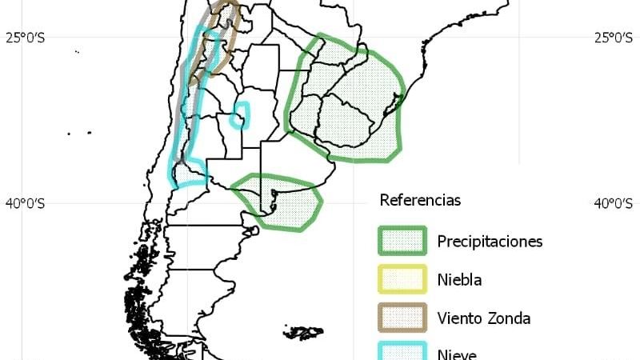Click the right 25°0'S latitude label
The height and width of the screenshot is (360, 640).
(614, 37)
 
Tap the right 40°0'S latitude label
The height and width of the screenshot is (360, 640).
(614, 203)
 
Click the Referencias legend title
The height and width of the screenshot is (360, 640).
(420, 200)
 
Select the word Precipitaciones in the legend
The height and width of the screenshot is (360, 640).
(490, 241)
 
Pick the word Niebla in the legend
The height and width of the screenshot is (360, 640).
(460, 280)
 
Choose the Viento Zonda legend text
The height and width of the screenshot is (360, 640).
(484, 318)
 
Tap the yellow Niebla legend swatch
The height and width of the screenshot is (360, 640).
(402, 279)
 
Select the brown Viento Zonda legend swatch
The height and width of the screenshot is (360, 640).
(402, 318)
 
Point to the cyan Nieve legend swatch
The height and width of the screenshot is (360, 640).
(402, 352)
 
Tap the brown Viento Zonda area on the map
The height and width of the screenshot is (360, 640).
(227, 28)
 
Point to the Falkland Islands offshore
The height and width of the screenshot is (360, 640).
(305, 331)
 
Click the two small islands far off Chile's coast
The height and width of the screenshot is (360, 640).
(79, 134)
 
